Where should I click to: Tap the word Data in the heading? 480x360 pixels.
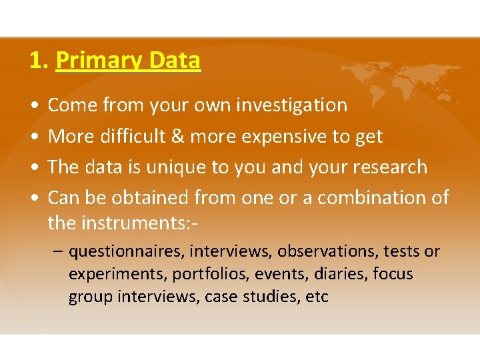[175, 61]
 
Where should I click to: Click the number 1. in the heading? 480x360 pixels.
[39, 61]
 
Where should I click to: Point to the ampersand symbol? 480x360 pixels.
[175, 137]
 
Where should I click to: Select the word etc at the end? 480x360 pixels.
[317, 297]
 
